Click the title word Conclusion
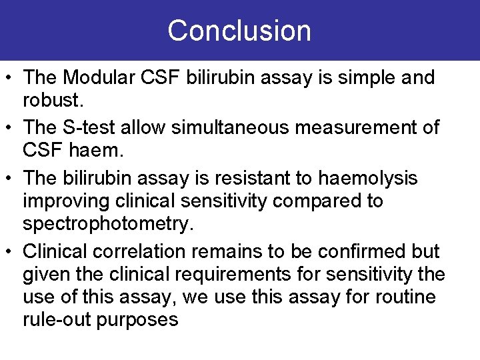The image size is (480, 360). [x=239, y=31]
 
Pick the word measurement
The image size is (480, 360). [x=361, y=128]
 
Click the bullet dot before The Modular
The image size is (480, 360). [x=11, y=79]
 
